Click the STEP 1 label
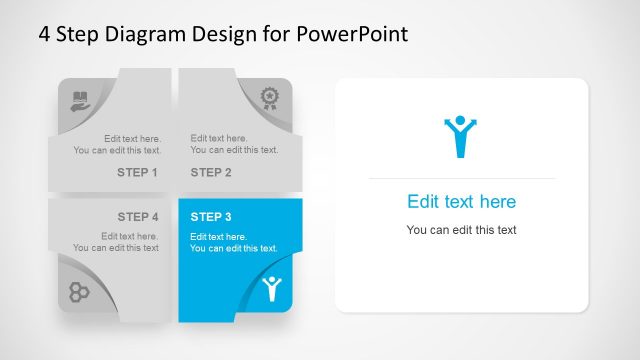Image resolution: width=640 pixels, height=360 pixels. (x=138, y=172)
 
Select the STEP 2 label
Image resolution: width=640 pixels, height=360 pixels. (x=211, y=172)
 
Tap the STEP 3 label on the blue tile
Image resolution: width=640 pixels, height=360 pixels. (x=211, y=216)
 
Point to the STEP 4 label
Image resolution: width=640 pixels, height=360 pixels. (x=138, y=216)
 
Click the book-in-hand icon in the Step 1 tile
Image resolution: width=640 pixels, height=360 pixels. (x=80, y=100)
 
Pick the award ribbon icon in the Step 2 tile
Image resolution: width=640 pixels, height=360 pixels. (x=269, y=97)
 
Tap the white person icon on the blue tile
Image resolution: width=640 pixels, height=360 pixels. (x=270, y=289)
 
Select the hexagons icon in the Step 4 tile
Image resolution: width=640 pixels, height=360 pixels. (x=79, y=291)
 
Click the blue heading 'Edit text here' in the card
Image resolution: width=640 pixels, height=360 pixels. (x=461, y=202)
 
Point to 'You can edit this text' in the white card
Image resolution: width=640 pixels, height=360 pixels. (x=461, y=230)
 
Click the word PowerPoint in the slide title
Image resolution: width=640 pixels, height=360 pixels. (x=352, y=34)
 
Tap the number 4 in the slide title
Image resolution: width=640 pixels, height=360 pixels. (x=44, y=34)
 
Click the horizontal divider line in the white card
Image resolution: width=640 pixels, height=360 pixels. (x=461, y=178)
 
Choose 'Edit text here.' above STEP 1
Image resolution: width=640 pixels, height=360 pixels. (x=132, y=138)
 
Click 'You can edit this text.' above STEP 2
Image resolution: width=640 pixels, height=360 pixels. (x=234, y=150)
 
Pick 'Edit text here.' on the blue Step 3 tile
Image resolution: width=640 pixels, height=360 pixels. (x=219, y=236)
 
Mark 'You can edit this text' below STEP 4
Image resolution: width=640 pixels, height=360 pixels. (x=116, y=248)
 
